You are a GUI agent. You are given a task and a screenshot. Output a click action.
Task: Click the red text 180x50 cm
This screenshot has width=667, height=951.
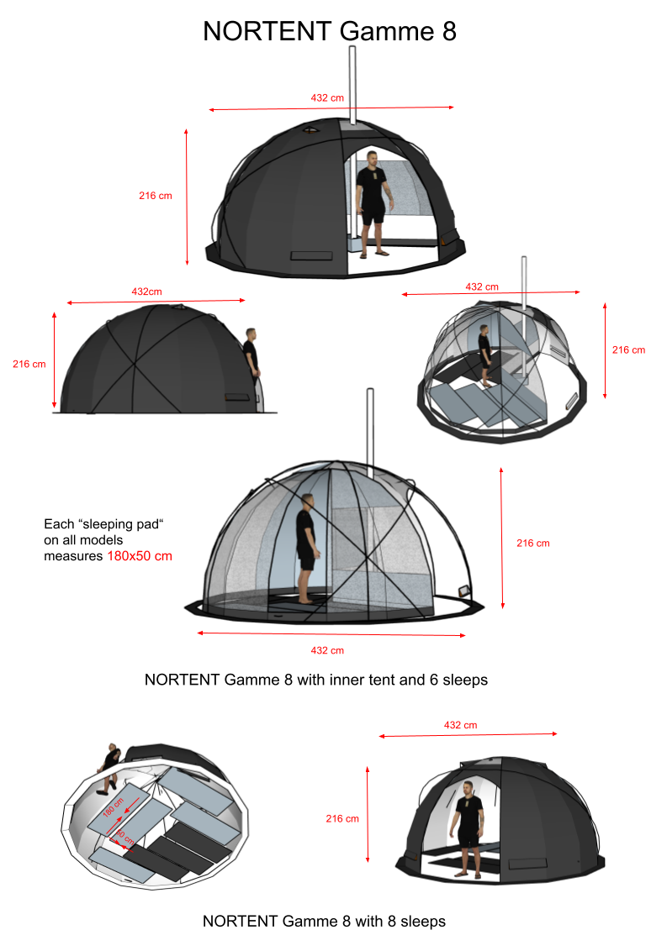point(140,556)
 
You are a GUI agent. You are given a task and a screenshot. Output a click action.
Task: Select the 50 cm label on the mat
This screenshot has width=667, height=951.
point(124,838)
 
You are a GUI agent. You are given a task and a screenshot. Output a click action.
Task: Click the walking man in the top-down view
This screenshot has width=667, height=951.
point(109,764)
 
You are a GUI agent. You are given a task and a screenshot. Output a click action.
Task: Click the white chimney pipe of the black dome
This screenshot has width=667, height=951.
point(352,84)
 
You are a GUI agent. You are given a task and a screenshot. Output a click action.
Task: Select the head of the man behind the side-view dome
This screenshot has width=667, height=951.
point(250,334)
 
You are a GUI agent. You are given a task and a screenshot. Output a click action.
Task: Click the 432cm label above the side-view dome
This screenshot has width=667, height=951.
point(146,292)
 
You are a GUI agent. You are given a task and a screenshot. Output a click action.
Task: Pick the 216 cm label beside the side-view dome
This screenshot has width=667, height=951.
point(29,364)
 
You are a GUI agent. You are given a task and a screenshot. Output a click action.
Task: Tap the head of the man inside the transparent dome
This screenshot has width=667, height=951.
point(308,502)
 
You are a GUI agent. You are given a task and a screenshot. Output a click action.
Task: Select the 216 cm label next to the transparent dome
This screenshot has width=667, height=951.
point(532,544)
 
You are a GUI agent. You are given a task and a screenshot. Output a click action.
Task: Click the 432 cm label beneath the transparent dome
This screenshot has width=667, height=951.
point(327,650)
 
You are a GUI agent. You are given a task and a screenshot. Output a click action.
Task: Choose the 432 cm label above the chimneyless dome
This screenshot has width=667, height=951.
point(460,725)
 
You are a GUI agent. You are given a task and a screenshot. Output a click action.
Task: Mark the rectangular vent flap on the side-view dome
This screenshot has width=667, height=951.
point(237,397)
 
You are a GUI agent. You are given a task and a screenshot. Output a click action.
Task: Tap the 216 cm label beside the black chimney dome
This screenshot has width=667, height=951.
point(156,196)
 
